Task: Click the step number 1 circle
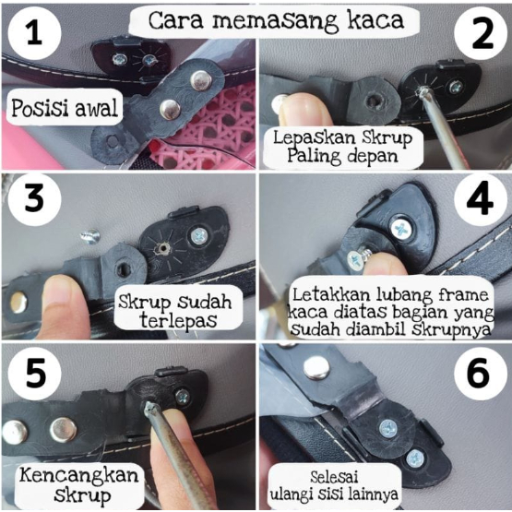point(34,33)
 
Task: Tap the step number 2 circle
point(481,33)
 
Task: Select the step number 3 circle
point(34,199)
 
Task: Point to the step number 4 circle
point(481,199)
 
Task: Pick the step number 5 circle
point(34,374)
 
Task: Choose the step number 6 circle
point(481,374)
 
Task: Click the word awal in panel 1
point(96,108)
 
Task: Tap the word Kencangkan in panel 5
point(79,476)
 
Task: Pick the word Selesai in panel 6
point(334,477)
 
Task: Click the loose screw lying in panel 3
point(90,236)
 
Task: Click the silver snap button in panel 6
point(316,368)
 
